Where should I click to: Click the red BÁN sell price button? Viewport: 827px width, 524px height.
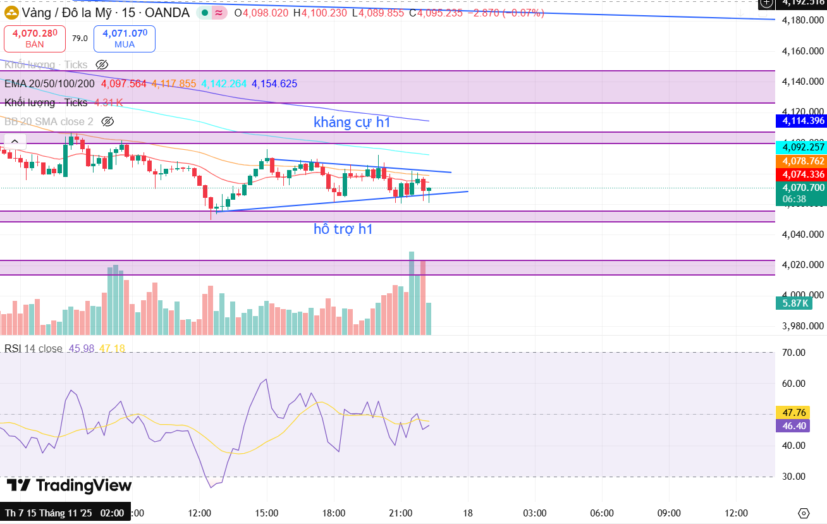[35, 39]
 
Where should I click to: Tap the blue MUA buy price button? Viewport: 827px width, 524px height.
[124, 39]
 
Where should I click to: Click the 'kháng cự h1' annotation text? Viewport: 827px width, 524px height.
[352, 123]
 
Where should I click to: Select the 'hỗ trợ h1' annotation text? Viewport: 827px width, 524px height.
[343, 229]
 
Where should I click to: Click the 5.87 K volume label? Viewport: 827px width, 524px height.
[795, 303]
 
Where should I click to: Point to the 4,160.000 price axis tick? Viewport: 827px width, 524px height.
[802, 51]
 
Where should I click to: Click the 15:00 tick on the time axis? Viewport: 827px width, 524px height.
[266, 513]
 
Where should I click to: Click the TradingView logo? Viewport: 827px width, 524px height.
[69, 485]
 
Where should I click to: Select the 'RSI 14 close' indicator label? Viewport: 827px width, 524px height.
[34, 349]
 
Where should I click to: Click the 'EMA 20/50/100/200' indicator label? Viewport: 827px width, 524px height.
[49, 83]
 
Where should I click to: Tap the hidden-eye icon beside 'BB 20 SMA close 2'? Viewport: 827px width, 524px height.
[107, 121]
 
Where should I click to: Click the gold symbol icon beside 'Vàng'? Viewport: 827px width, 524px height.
[11, 13]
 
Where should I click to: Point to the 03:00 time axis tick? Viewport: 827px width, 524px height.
[535, 513]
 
